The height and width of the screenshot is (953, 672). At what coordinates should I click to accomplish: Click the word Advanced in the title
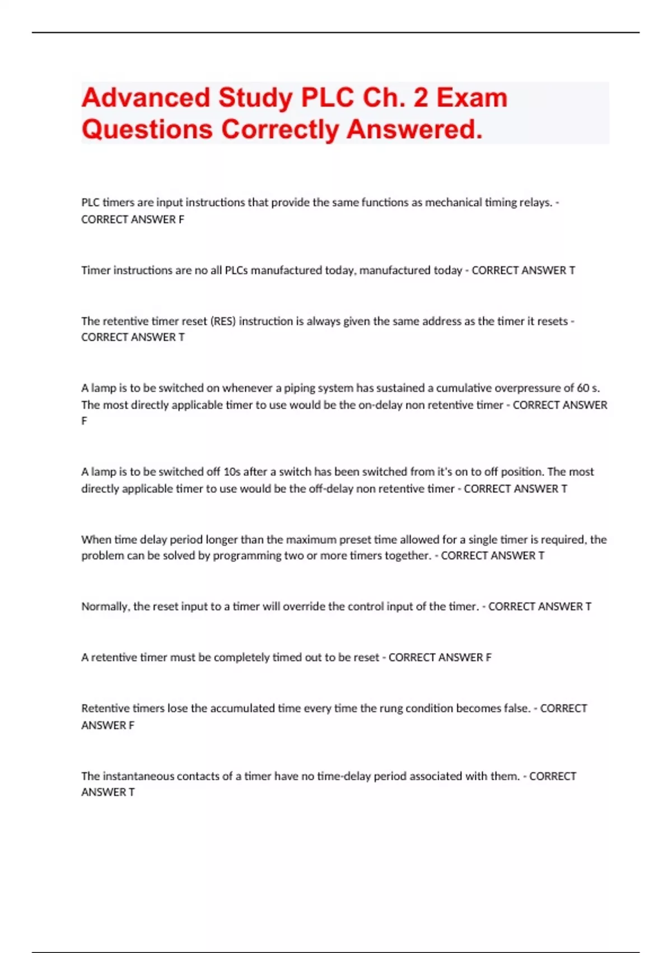(x=146, y=98)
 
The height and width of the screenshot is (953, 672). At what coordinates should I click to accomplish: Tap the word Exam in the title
(x=472, y=98)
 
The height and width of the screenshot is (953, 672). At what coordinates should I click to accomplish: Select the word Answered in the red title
(x=414, y=129)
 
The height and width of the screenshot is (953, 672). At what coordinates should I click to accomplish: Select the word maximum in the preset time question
(x=312, y=540)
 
